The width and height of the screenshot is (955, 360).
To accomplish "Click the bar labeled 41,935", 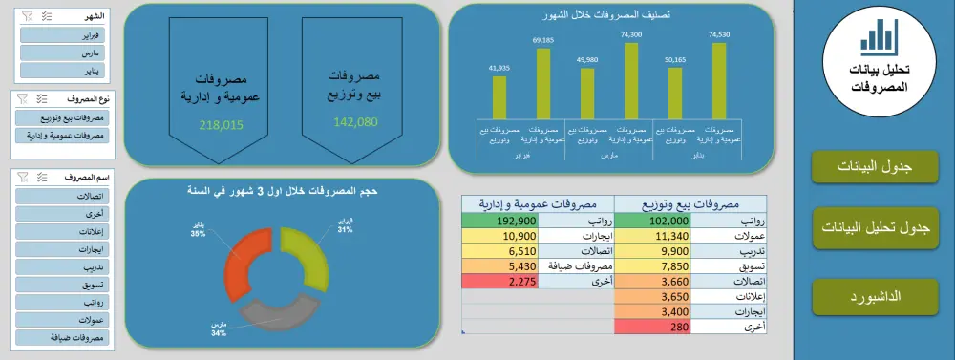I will tap(499, 96).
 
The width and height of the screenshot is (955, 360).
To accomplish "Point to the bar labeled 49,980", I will tap(586, 92).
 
